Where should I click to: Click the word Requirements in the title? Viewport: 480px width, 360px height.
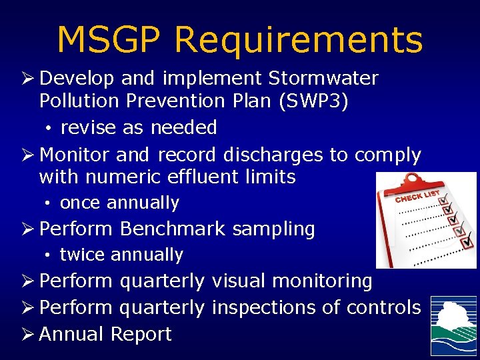[298, 40]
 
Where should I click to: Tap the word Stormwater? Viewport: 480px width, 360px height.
[323, 79]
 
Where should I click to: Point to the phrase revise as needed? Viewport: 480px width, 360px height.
[139, 127]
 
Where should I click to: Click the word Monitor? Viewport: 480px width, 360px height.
[74, 155]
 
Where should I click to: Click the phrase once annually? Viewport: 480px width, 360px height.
[119, 203]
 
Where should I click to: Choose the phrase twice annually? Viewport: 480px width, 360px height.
[121, 255]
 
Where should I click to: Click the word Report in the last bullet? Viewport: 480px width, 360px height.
[141, 334]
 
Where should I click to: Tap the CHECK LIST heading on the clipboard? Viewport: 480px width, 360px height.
[418, 195]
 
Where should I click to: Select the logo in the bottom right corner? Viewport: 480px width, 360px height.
[453, 326]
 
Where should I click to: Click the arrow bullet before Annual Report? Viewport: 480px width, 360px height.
[28, 334]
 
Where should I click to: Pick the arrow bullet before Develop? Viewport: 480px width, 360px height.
[28, 79]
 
